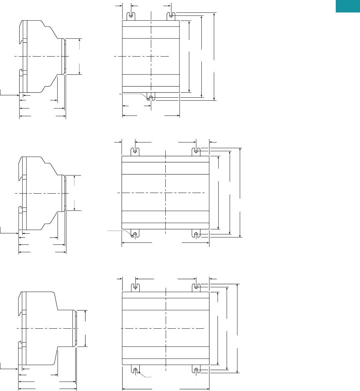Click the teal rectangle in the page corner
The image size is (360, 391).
coord(348,6)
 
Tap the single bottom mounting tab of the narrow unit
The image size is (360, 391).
coord(151,97)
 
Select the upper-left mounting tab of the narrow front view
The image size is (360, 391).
coord(131,16)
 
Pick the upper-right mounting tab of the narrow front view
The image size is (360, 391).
coord(171,16)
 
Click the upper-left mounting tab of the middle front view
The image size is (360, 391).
coord(135,152)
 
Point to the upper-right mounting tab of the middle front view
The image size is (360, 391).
coord(196,152)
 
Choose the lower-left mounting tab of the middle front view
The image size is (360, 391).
coord(135,233)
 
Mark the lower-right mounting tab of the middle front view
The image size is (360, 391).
coord(196,233)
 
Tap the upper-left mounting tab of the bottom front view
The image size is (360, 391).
coord(135,288)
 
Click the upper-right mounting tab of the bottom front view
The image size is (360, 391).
coord(196,288)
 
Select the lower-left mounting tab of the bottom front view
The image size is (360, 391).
coord(135,369)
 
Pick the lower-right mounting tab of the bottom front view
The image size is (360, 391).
coord(196,369)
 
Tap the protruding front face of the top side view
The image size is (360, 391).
coord(64,56)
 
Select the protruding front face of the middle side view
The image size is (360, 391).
coord(64,193)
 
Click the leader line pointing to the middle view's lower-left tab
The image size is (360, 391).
coord(120,231)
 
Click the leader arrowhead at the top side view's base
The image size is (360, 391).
coord(18,95)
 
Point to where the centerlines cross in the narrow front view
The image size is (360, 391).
coord(151,57)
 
